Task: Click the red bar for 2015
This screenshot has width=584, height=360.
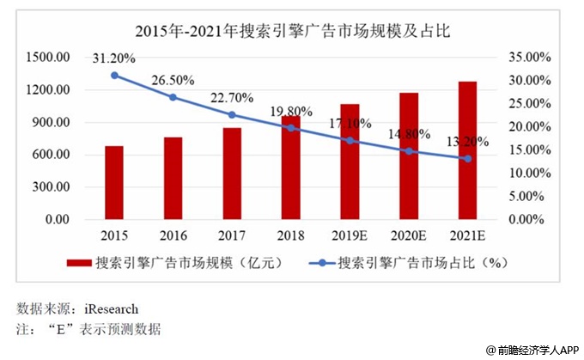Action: [x=113, y=182]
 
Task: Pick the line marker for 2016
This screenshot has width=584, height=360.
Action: [x=173, y=97]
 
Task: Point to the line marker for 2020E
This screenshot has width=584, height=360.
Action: [x=409, y=151]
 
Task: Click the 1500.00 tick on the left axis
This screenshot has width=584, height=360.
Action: [x=48, y=57]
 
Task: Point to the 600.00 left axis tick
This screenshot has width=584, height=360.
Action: [x=52, y=155]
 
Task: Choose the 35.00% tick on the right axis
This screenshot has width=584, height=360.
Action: [x=525, y=57]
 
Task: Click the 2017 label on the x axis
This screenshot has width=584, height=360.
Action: [x=232, y=235]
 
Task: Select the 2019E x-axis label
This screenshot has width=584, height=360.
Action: [x=350, y=235]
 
